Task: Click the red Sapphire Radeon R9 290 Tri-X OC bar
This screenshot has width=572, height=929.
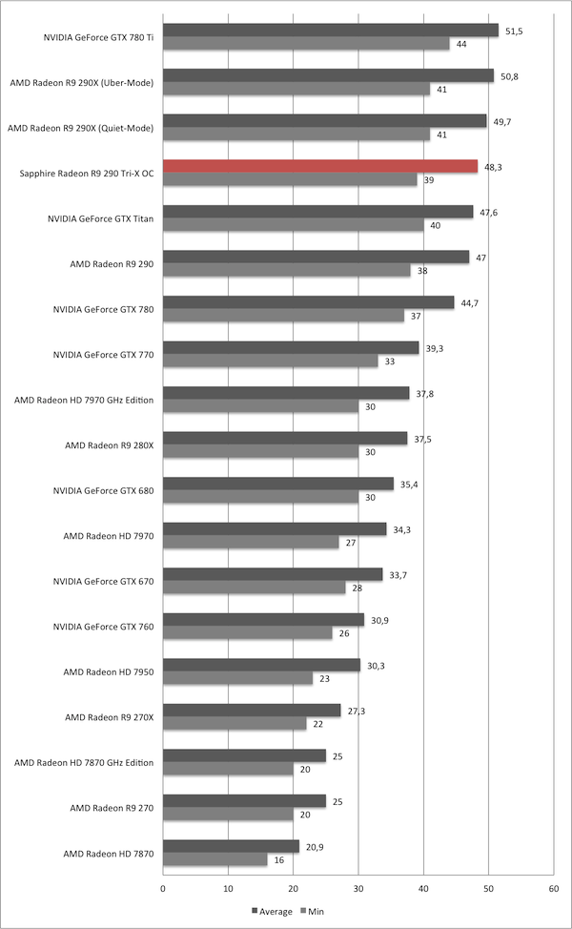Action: (x=320, y=166)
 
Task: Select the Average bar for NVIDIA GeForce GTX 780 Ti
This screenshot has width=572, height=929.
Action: (x=331, y=31)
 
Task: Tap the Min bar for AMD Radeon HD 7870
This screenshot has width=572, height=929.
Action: (x=214, y=859)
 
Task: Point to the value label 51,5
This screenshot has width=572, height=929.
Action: (x=515, y=31)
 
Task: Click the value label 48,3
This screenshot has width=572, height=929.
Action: (x=494, y=166)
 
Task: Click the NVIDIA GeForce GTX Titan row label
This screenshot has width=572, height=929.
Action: (x=101, y=218)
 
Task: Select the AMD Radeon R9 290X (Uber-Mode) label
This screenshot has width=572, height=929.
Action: (x=81, y=83)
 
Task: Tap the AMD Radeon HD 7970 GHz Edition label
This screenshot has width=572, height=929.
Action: (x=84, y=400)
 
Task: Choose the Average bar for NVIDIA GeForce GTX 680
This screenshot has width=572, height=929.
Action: (x=278, y=484)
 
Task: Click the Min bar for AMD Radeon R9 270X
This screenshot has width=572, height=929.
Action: (x=235, y=724)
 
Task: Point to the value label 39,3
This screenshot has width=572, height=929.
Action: (x=435, y=348)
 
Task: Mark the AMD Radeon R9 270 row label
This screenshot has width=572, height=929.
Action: (x=113, y=807)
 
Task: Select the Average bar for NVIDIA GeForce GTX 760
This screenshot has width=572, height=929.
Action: (x=263, y=620)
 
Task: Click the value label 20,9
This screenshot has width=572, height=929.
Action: (x=316, y=846)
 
